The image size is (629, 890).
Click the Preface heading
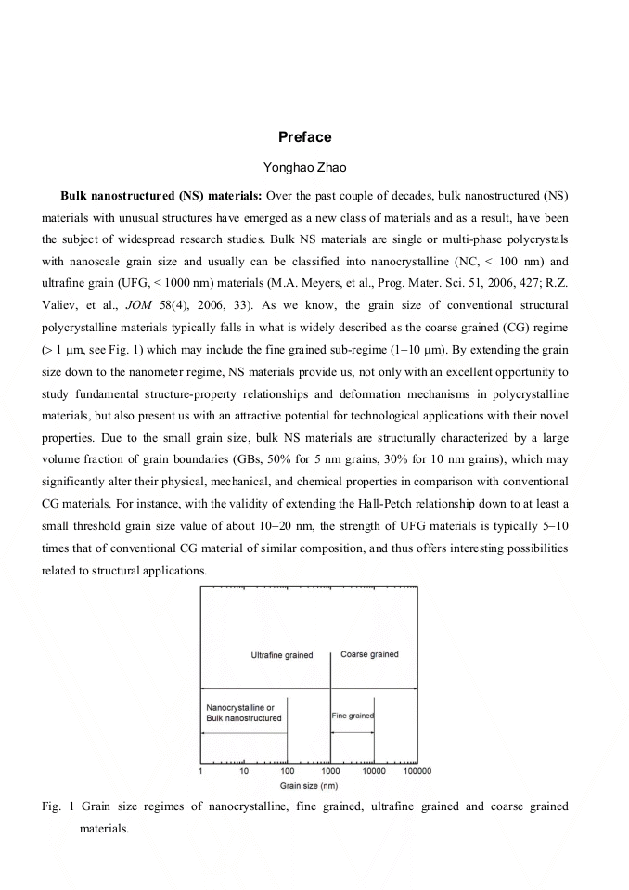click(x=304, y=137)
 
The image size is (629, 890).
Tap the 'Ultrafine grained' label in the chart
click(x=282, y=655)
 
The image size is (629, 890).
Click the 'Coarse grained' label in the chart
click(x=369, y=654)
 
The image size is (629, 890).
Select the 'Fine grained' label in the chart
click(x=353, y=716)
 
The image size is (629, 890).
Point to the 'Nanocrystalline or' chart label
click(x=239, y=708)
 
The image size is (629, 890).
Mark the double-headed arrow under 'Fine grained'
click(x=353, y=733)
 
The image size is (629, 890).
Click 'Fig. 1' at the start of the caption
click(x=58, y=806)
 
